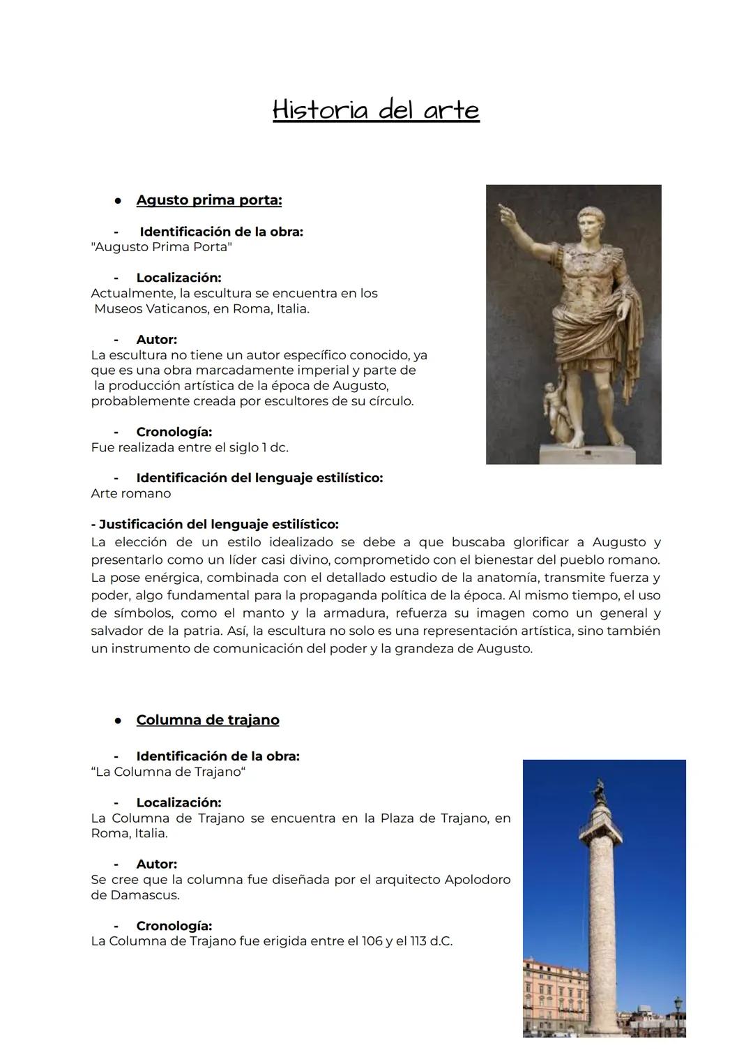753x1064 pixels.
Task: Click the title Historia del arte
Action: pos(376,110)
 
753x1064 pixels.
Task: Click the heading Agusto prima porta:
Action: pos(208,200)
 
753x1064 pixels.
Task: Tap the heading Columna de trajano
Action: pos(207,720)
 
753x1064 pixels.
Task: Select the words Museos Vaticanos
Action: pos(149,308)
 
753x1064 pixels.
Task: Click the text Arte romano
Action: pos(130,493)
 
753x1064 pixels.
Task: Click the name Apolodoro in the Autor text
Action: pos(477,879)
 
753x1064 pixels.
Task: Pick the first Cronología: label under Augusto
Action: pos(174,432)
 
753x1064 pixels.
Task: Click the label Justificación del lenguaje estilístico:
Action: pos(215,524)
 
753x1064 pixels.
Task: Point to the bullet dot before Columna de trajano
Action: pos(119,721)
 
